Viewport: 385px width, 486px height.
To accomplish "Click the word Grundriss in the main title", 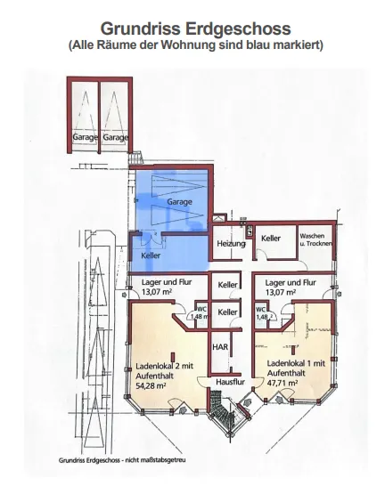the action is coord(141,28).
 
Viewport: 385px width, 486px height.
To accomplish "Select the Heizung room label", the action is coord(231,244).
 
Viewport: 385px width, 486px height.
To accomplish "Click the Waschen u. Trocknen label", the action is coord(315,239).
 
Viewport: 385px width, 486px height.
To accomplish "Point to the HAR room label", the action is coord(220,346).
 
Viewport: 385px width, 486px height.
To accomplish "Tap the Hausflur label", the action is coord(230,382).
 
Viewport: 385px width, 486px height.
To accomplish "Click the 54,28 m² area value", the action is coord(151,386).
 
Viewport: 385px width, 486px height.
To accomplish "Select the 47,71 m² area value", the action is coord(283,383).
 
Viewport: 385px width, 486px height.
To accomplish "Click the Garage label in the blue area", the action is coord(179,202).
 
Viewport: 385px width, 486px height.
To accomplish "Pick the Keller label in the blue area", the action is coord(151,255).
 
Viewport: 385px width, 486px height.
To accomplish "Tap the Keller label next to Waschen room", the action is coord(271,238).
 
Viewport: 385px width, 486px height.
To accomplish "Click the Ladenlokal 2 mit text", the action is coord(164,366).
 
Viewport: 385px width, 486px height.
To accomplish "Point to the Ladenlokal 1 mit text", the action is coord(296,363).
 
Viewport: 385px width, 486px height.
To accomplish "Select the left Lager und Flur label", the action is coord(167,282).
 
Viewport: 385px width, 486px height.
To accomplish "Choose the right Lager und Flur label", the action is coord(291,282).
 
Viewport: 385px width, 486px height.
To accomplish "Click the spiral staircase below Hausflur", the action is coord(223,410).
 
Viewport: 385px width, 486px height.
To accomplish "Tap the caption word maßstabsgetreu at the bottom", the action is coord(163,460).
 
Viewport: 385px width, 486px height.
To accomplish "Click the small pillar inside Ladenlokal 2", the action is coord(173,357).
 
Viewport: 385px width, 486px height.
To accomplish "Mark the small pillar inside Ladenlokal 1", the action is coord(293,350).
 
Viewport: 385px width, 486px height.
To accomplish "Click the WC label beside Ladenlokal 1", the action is coord(260,309).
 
